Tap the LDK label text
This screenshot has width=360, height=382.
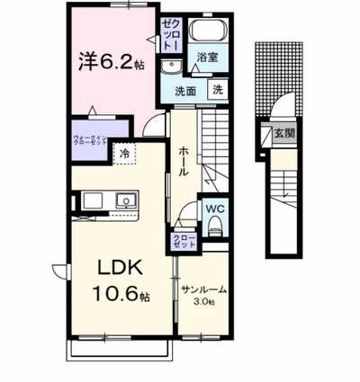coord(118,269)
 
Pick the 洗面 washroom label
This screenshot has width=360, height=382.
coord(185,91)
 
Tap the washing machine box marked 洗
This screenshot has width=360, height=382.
coord(217,89)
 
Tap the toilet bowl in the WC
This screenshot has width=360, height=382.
coord(212,229)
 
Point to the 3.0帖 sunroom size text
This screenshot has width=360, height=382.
coord(202,302)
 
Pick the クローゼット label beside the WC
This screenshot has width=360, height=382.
coord(179,242)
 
